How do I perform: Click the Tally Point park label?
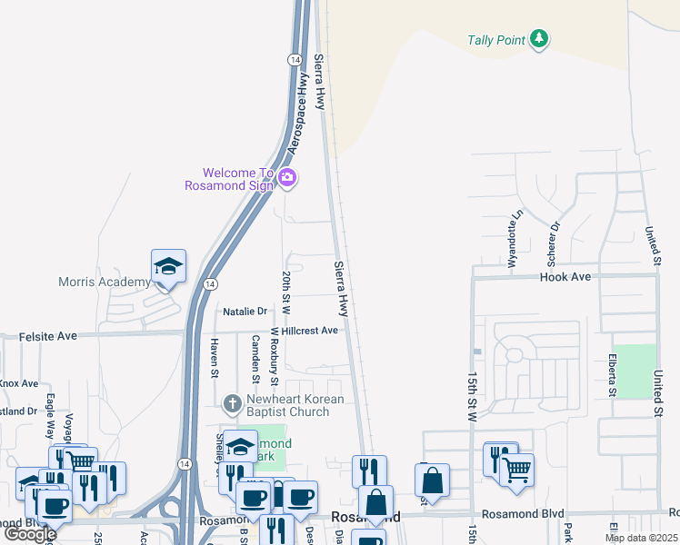pyautogui.click(x=496, y=40)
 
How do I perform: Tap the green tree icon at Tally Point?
pyautogui.click(x=540, y=38)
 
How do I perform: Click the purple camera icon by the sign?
pyautogui.click(x=287, y=178)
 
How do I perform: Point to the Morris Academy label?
pyautogui.click(x=104, y=282)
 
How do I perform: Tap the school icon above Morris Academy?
pyautogui.click(x=168, y=266)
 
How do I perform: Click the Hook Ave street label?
pyautogui.click(x=565, y=277)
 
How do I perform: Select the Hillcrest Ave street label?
pyautogui.click(x=310, y=331)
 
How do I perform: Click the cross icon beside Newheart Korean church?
pyautogui.click(x=233, y=401)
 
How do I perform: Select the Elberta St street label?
pyautogui.click(x=613, y=375)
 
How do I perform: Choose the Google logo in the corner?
pyautogui.click(x=31, y=534)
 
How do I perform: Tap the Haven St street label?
pyautogui.click(x=215, y=357)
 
